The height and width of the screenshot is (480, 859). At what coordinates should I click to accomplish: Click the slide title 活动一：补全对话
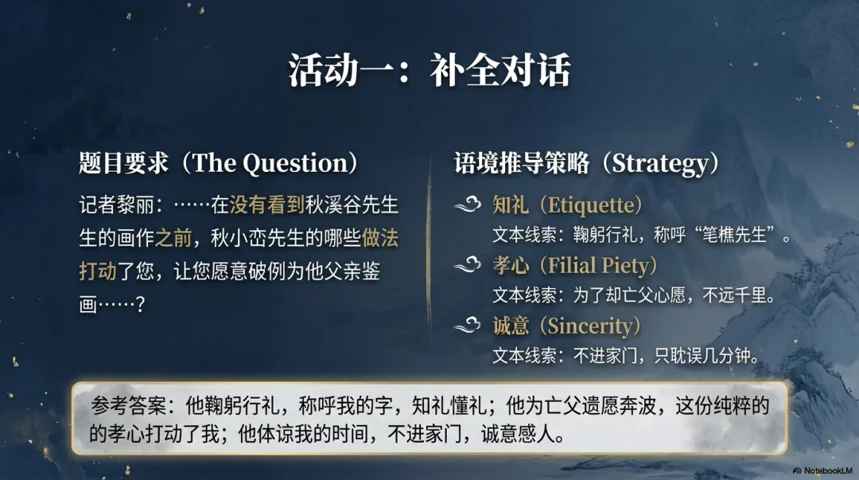(429, 72)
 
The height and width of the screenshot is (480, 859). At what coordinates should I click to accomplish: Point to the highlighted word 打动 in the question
(98, 271)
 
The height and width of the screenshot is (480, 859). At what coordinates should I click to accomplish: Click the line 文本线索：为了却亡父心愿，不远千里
(633, 295)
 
